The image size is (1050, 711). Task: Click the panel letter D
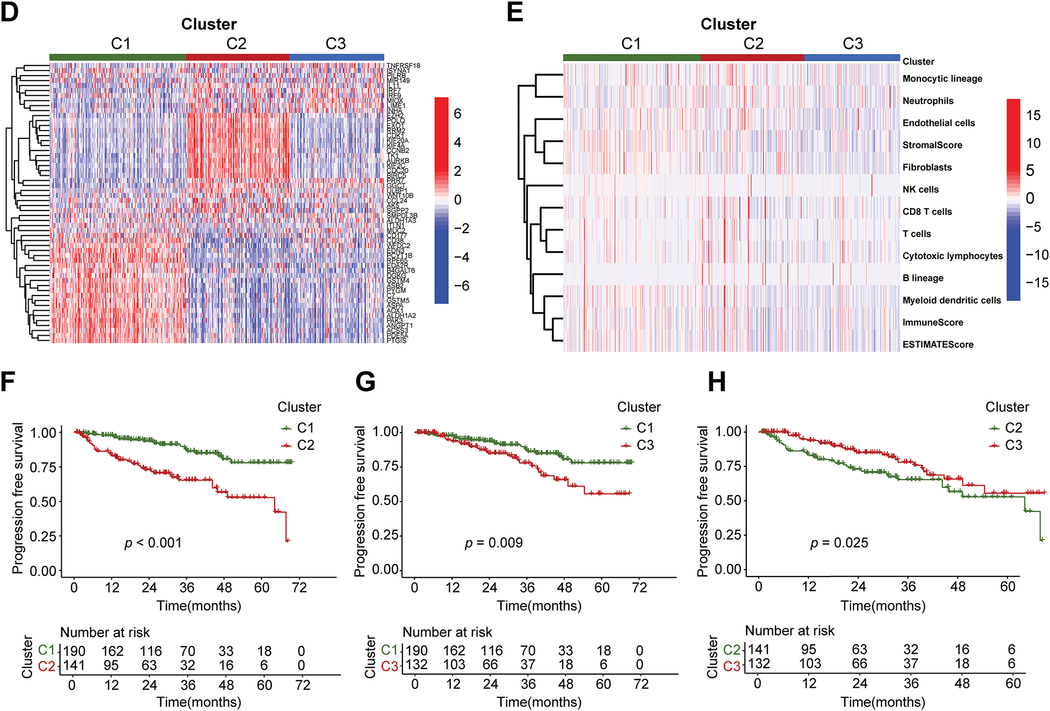(x=10, y=12)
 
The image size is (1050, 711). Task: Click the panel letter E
(x=515, y=12)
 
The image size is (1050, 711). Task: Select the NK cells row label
(x=920, y=190)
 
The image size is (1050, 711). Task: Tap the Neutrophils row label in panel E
(x=928, y=101)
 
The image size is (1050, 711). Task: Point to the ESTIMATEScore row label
(x=938, y=344)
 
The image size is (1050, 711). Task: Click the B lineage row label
(x=923, y=278)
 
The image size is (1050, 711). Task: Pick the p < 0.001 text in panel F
(x=153, y=543)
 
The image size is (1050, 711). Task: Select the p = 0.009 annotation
(x=494, y=543)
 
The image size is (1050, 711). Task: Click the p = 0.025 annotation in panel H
(x=839, y=543)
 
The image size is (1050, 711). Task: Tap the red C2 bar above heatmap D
(x=238, y=57)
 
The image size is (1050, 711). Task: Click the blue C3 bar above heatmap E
(x=852, y=57)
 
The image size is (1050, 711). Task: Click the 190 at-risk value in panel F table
(x=74, y=651)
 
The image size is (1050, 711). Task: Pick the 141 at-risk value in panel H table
(x=758, y=650)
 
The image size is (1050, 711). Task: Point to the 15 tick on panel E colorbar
(x=1033, y=116)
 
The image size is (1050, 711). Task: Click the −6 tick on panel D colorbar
(x=461, y=286)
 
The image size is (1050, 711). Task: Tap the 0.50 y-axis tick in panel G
(x=385, y=501)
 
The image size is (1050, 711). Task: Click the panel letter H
(x=717, y=382)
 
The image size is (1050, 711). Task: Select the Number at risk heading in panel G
(x=447, y=632)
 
